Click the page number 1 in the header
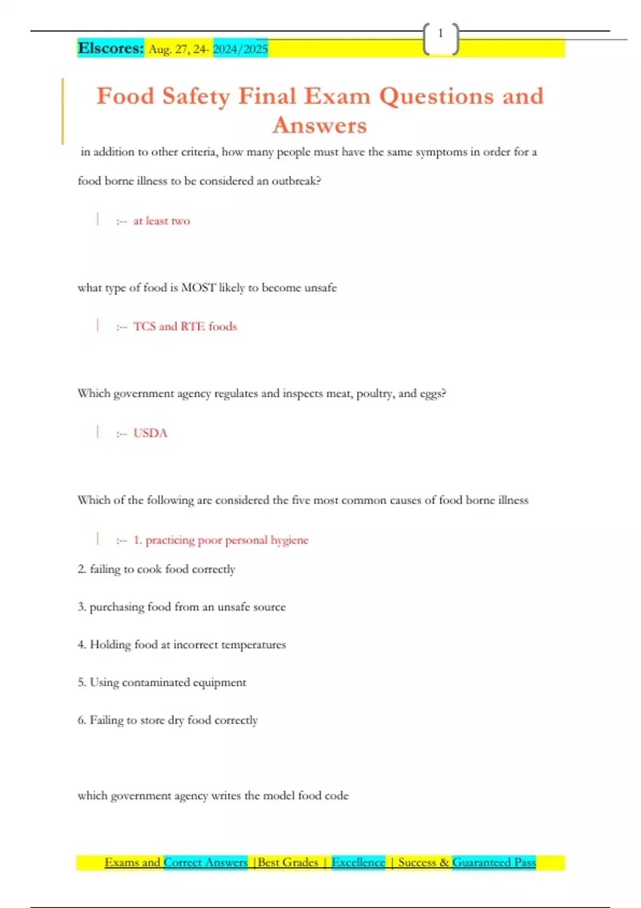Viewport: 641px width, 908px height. (x=440, y=34)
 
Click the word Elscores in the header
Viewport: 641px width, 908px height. (x=111, y=48)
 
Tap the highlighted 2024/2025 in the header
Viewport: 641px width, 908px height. (x=240, y=49)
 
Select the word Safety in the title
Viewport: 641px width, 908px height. (x=196, y=97)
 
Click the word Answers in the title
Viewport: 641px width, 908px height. (x=319, y=126)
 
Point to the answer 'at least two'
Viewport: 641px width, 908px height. (x=161, y=221)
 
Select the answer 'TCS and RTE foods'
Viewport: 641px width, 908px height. (x=185, y=326)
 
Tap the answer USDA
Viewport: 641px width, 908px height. (x=150, y=433)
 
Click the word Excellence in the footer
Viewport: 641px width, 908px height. (x=358, y=862)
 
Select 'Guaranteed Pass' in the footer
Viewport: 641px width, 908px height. (x=494, y=862)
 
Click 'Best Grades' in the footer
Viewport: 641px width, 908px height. (x=288, y=862)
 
